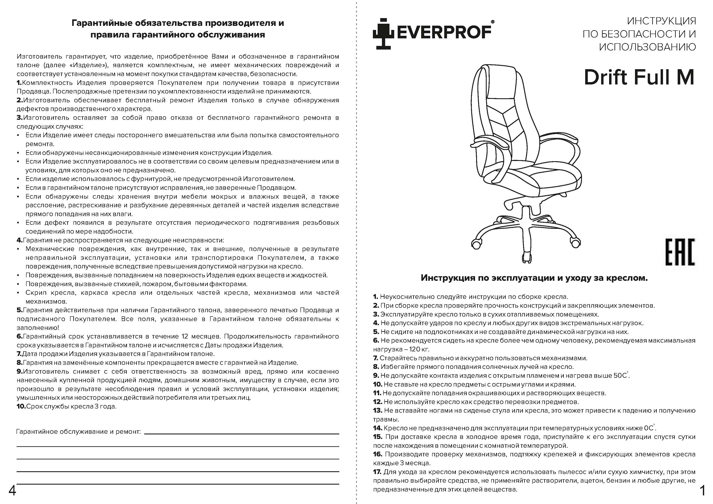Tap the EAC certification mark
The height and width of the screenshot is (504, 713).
680,252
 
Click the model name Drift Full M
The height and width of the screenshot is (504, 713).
639,77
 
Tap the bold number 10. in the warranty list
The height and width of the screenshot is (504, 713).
21,406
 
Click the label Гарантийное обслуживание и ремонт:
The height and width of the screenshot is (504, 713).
78,432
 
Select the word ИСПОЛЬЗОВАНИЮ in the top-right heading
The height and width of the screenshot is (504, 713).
647,47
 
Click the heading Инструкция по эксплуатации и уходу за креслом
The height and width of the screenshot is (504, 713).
534,278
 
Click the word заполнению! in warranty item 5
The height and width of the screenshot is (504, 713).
38,328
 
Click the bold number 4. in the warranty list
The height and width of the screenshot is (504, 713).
20,240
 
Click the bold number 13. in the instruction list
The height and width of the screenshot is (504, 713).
377,410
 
